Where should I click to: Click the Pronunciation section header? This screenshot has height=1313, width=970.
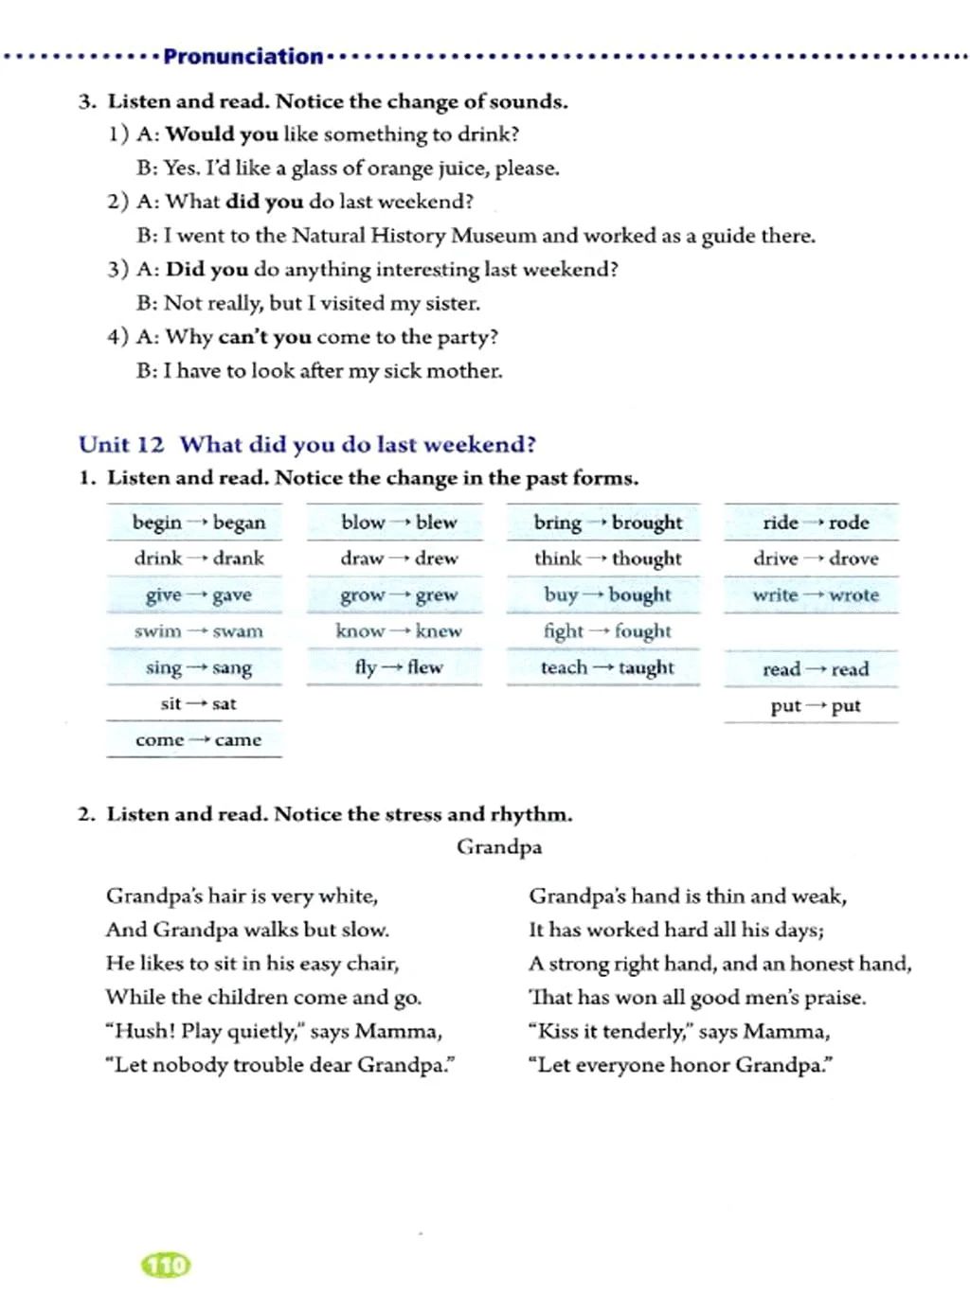pos(242,57)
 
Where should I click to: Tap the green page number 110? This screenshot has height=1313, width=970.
pos(166,1265)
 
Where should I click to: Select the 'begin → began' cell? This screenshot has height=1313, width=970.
pos(198,523)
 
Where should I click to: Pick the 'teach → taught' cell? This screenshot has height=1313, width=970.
pos(606,667)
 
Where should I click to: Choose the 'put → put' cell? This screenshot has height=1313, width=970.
pos(815,705)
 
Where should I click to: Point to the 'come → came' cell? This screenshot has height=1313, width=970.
pos(198,740)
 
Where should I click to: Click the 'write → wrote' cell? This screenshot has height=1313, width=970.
pos(815,595)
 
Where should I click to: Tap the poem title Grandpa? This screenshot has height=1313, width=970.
pos(499,846)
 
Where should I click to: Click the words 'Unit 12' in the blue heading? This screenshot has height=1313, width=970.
pos(121,445)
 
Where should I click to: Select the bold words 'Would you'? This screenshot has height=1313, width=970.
pos(222,134)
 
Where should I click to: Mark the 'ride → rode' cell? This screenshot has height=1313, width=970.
pos(815,523)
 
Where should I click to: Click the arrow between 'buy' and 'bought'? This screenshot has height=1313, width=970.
pos(593,595)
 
